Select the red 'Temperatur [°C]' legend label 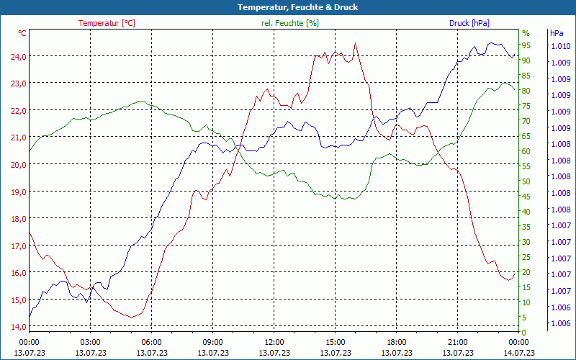107,23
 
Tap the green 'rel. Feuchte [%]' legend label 290,23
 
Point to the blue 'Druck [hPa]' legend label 469,23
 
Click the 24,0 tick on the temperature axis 17,56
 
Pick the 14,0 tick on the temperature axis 17,327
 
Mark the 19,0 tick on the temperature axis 17,192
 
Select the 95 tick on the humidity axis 526,45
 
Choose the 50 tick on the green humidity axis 526,181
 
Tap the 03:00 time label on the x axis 90,342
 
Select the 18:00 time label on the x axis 397,342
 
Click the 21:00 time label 458,342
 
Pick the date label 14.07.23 519,353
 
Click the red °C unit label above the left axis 22,33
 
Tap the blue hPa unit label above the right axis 557,33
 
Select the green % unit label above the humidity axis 526,33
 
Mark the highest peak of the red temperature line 355,43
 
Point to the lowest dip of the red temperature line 131,317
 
